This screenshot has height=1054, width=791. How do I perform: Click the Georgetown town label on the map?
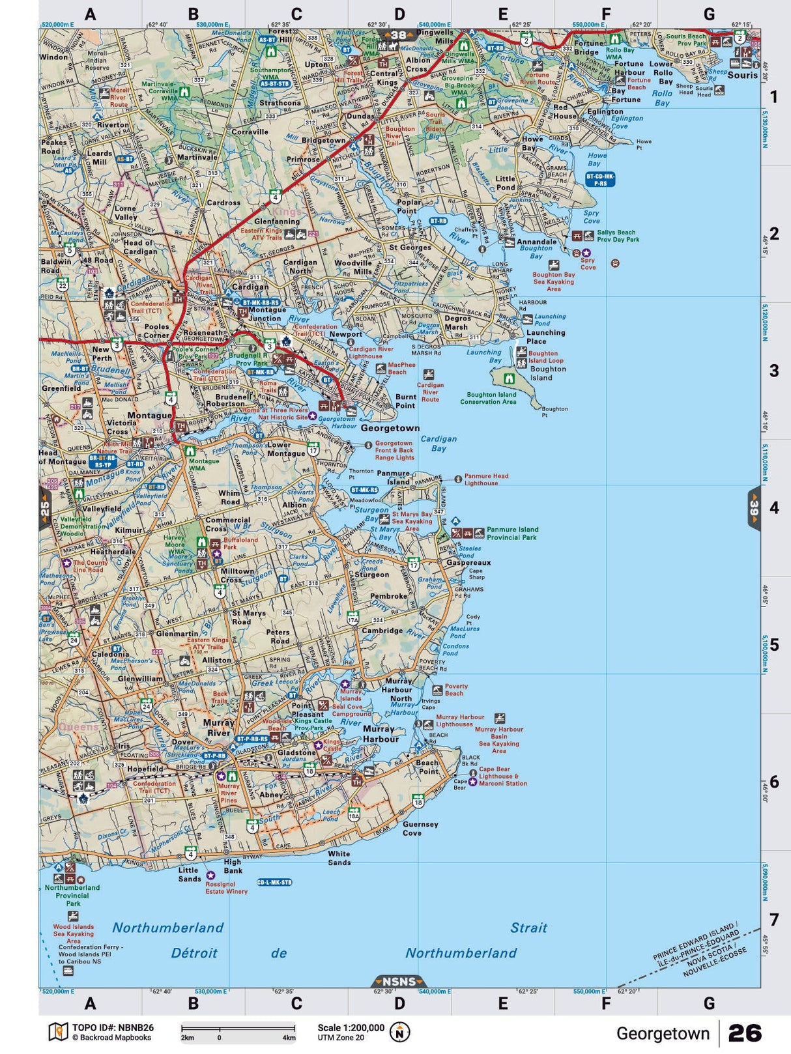(390, 428)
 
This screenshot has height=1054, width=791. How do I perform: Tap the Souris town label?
(742, 75)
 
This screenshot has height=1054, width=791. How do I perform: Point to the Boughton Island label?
(548, 373)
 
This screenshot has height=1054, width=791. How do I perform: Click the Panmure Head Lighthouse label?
(486, 479)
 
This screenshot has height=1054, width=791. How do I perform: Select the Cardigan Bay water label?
(439, 444)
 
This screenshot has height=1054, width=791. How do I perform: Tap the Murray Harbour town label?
(381, 734)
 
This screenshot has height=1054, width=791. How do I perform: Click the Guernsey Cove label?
(420, 829)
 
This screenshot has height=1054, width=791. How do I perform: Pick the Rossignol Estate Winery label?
(226, 888)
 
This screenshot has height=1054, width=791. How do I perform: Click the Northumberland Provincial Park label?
(72, 895)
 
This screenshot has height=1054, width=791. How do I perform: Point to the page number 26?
(745, 1033)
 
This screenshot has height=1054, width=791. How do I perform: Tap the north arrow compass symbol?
(399, 1032)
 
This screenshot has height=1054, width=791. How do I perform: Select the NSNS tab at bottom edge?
(399, 982)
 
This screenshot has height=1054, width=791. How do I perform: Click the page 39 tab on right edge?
(754, 508)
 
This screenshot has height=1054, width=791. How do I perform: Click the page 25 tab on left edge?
(45, 508)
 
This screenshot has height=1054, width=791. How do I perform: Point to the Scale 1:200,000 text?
(351, 1027)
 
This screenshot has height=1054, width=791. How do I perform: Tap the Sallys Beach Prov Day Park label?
(618, 236)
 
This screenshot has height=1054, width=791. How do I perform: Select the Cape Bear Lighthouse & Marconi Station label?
(503, 776)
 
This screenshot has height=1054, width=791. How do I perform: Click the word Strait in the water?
(528, 928)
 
